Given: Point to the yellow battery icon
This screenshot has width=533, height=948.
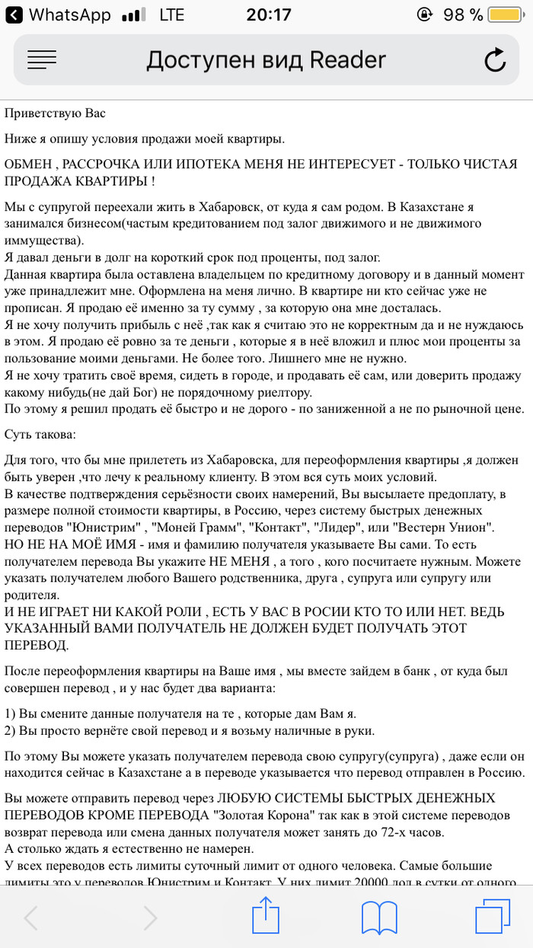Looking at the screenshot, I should click(505, 14).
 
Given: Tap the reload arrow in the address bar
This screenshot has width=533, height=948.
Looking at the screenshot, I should click(495, 60).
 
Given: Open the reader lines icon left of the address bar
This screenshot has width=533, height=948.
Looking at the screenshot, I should click(42, 59).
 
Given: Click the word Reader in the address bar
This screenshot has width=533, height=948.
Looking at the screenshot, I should click(348, 59).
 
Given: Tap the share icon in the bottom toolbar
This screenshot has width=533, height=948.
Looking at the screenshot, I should click(266, 918).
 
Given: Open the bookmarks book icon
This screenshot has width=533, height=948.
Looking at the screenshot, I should click(378, 918).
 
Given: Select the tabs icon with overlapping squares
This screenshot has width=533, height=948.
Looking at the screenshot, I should click(492, 918).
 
